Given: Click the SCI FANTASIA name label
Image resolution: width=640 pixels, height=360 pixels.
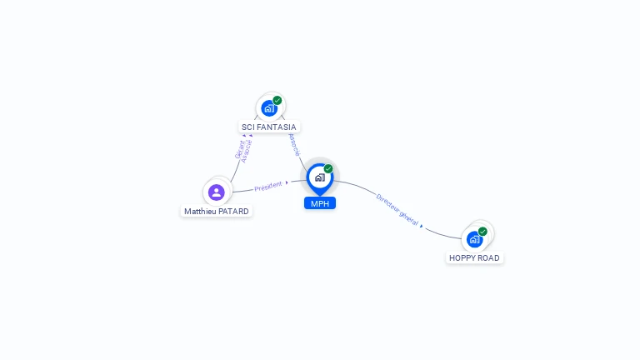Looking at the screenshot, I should click(x=268, y=127).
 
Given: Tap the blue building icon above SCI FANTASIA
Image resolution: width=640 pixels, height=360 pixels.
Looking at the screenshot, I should click(x=268, y=108).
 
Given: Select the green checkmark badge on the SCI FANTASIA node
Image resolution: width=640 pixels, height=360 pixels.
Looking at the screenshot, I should click(x=277, y=101).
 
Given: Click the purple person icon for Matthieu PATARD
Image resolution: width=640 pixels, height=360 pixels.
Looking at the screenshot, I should click(x=217, y=192).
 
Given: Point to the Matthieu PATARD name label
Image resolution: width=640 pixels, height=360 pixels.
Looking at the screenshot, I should click(x=217, y=212).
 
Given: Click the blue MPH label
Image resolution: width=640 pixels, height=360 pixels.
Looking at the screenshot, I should click(x=320, y=203).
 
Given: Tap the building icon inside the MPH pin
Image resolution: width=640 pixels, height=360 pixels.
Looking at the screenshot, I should click(x=319, y=177).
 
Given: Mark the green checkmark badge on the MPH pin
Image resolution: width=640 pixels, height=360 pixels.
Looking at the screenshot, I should click(x=328, y=169).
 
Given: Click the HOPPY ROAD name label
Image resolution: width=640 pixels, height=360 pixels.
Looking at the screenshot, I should click(x=474, y=258).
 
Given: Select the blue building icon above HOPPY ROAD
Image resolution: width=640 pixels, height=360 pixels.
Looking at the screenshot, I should click(x=474, y=239).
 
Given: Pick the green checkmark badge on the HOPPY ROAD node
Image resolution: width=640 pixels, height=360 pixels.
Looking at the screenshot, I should click(x=482, y=232).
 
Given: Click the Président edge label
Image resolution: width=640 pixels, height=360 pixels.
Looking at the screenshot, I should click(x=268, y=186).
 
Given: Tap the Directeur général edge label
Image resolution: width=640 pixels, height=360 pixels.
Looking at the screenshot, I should click(x=397, y=208).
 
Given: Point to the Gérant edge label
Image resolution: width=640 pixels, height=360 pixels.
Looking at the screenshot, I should click(x=239, y=149).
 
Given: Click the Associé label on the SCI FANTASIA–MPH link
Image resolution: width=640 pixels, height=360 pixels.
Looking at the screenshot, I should click(x=293, y=144).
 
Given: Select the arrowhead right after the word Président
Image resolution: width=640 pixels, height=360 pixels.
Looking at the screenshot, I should click(x=287, y=182).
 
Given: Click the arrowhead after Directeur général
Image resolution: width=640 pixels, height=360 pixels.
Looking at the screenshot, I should click(x=422, y=225).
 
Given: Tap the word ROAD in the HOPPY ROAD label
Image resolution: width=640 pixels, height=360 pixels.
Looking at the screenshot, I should click(x=489, y=258).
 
